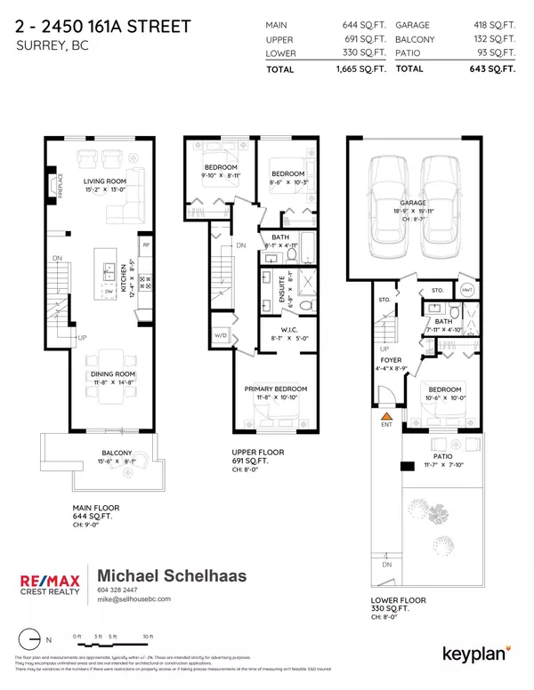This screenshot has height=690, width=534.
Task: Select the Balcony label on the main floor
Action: pos(117,453)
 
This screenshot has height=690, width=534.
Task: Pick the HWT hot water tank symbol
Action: pos(467,291)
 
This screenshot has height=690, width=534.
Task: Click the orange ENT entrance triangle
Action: pos(387,414)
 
